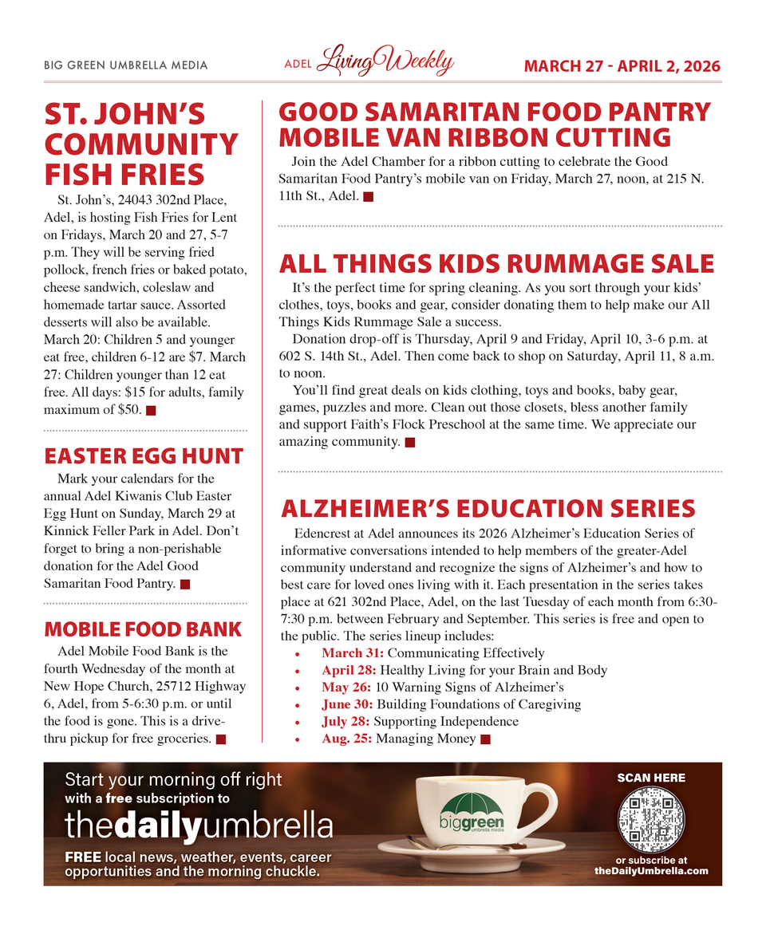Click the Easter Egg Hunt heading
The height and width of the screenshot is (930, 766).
point(144,456)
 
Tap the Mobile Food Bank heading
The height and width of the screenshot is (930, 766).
point(142,629)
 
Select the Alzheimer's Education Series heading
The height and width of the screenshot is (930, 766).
point(488,508)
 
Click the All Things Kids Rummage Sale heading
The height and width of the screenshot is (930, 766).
point(496,263)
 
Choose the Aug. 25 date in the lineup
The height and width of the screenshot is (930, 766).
point(347,739)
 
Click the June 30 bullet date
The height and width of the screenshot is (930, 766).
point(347,704)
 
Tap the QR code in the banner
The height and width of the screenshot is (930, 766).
point(651,820)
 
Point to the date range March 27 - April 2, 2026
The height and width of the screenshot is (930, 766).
point(622,66)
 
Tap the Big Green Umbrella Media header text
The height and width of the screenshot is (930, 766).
point(125,65)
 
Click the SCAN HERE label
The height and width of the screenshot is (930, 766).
point(651,778)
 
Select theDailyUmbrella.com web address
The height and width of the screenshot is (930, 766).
point(651,871)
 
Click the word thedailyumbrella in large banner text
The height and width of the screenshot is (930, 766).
point(199,826)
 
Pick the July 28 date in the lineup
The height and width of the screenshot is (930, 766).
point(346,722)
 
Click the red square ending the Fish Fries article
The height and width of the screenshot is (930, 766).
point(151,411)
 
